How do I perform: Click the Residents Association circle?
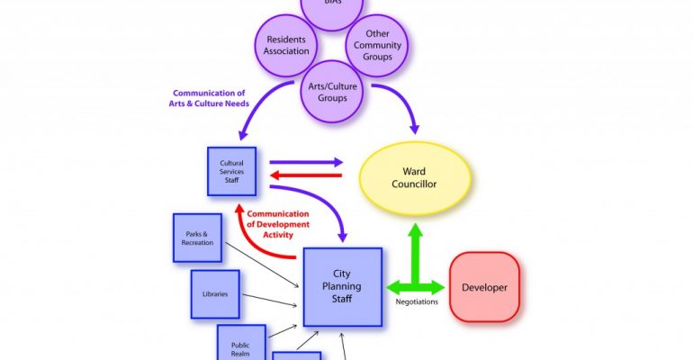(x=287, y=45)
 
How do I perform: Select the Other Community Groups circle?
(x=378, y=45)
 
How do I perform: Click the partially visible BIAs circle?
(x=333, y=6)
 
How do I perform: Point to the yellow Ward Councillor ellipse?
(x=416, y=176)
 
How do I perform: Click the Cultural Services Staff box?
(x=231, y=171)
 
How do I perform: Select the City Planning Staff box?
(x=342, y=286)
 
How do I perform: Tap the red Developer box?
(x=484, y=287)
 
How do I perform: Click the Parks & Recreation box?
(x=197, y=238)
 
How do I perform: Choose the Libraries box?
(x=215, y=294)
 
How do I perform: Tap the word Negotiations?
(x=417, y=302)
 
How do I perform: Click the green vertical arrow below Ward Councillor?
(x=415, y=247)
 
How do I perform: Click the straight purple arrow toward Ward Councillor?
(x=306, y=163)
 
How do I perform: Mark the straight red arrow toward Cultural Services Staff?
(x=306, y=175)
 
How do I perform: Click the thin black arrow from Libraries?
(x=272, y=298)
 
